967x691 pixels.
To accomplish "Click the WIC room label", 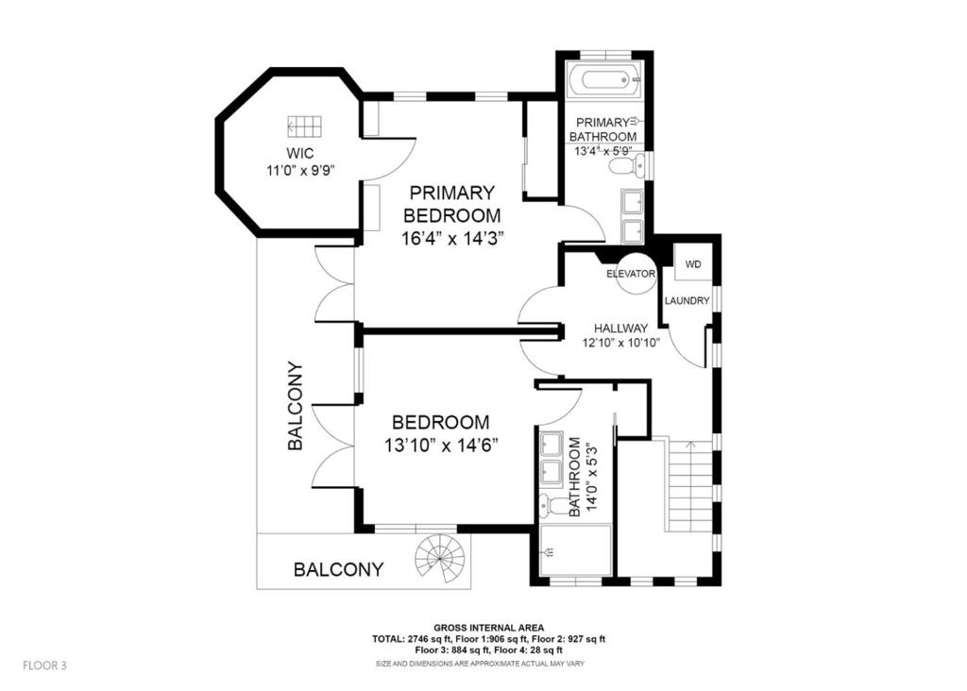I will point(300,152).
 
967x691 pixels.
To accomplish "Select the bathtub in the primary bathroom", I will point(604,79).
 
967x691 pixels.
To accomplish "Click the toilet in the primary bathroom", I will point(623,167).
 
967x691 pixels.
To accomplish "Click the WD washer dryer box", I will point(692,264).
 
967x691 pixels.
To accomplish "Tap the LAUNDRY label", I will point(687,301).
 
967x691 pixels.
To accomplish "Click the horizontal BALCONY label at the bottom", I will point(338,569).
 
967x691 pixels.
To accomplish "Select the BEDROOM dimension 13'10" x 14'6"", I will point(441,444).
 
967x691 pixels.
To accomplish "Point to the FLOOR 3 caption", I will point(44,666).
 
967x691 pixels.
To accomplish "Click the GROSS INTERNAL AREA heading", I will point(488,627).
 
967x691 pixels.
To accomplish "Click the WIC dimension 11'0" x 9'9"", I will point(300,170).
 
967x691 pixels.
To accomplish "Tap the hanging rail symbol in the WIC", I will point(305,126).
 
